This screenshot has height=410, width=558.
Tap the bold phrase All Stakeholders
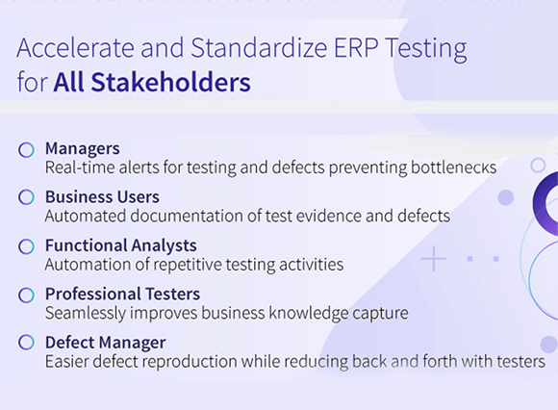point(152,82)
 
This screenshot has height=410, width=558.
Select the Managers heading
point(83,149)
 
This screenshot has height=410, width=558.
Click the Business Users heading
point(103,196)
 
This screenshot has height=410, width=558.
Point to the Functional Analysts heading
point(121,245)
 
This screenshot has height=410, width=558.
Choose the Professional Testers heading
point(123,294)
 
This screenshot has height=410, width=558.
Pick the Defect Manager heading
point(105,343)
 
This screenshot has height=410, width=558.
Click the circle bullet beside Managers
point(26,150)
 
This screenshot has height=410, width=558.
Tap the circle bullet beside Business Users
point(26,197)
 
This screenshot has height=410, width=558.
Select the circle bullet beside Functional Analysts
point(26,246)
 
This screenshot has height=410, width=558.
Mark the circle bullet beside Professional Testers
point(26,295)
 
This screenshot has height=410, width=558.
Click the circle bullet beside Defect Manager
point(26,342)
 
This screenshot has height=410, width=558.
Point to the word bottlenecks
point(454,167)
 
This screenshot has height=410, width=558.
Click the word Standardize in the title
point(259,48)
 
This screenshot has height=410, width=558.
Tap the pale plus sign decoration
point(434,258)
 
